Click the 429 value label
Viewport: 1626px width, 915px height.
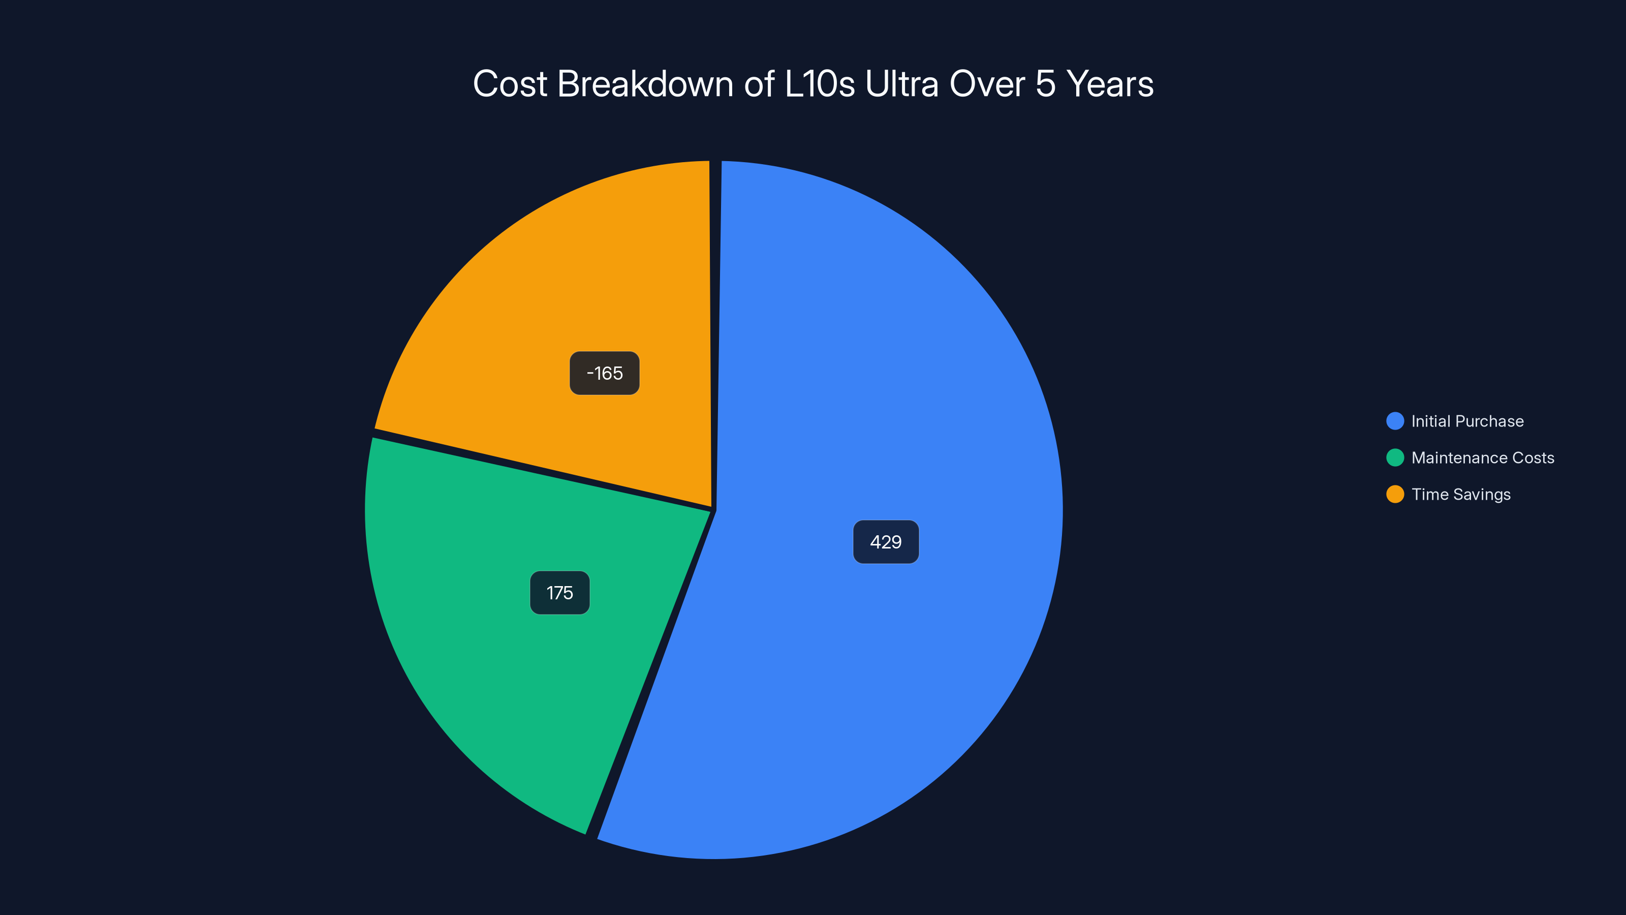[x=886, y=542]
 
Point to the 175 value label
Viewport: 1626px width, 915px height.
[x=559, y=593]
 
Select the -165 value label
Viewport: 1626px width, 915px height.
[x=604, y=373]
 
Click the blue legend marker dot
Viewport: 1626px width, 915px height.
[x=1395, y=421]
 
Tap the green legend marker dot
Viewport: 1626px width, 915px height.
[x=1395, y=458]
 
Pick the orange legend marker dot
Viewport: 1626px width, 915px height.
[x=1395, y=495]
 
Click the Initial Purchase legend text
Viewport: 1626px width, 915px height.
[x=1467, y=421]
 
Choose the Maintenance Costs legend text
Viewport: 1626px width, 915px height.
[x=1482, y=458]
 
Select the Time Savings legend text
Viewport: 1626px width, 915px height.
[x=1461, y=495]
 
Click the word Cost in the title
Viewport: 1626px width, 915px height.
[x=510, y=84]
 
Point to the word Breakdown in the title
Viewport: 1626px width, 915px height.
[x=645, y=84]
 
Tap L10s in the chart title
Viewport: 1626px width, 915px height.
[x=819, y=84]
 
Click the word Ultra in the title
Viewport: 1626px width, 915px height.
[x=902, y=84]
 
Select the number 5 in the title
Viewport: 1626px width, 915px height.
[x=1045, y=84]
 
